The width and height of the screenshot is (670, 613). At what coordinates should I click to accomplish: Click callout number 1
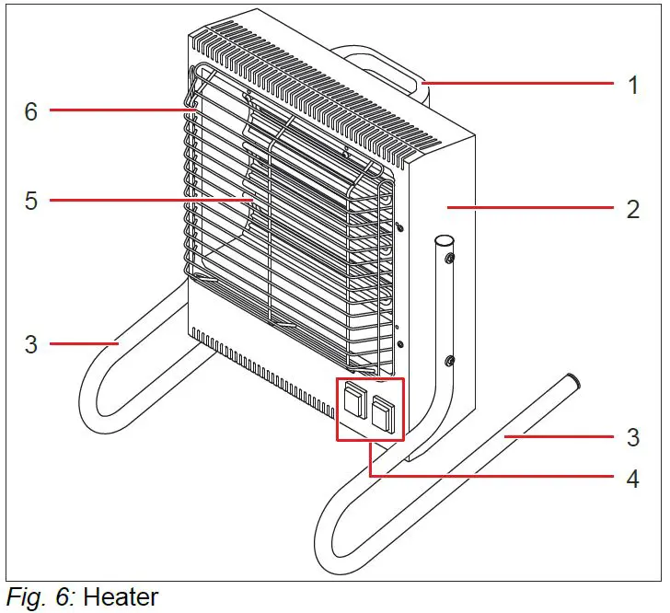click(633, 85)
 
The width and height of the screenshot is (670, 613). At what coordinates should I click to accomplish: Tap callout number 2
click(633, 209)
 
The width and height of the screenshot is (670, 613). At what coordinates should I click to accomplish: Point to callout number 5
click(31, 200)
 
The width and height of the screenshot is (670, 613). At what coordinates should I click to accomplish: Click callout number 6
click(31, 111)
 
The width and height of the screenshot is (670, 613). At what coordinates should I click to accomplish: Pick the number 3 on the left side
click(31, 345)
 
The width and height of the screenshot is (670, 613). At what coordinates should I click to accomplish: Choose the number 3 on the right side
click(633, 436)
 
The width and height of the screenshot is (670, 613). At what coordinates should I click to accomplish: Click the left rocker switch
click(354, 402)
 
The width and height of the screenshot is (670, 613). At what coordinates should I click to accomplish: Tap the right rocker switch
click(384, 412)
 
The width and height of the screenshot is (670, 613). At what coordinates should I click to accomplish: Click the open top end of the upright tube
click(443, 239)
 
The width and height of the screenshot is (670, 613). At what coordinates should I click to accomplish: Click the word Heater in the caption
click(121, 597)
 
